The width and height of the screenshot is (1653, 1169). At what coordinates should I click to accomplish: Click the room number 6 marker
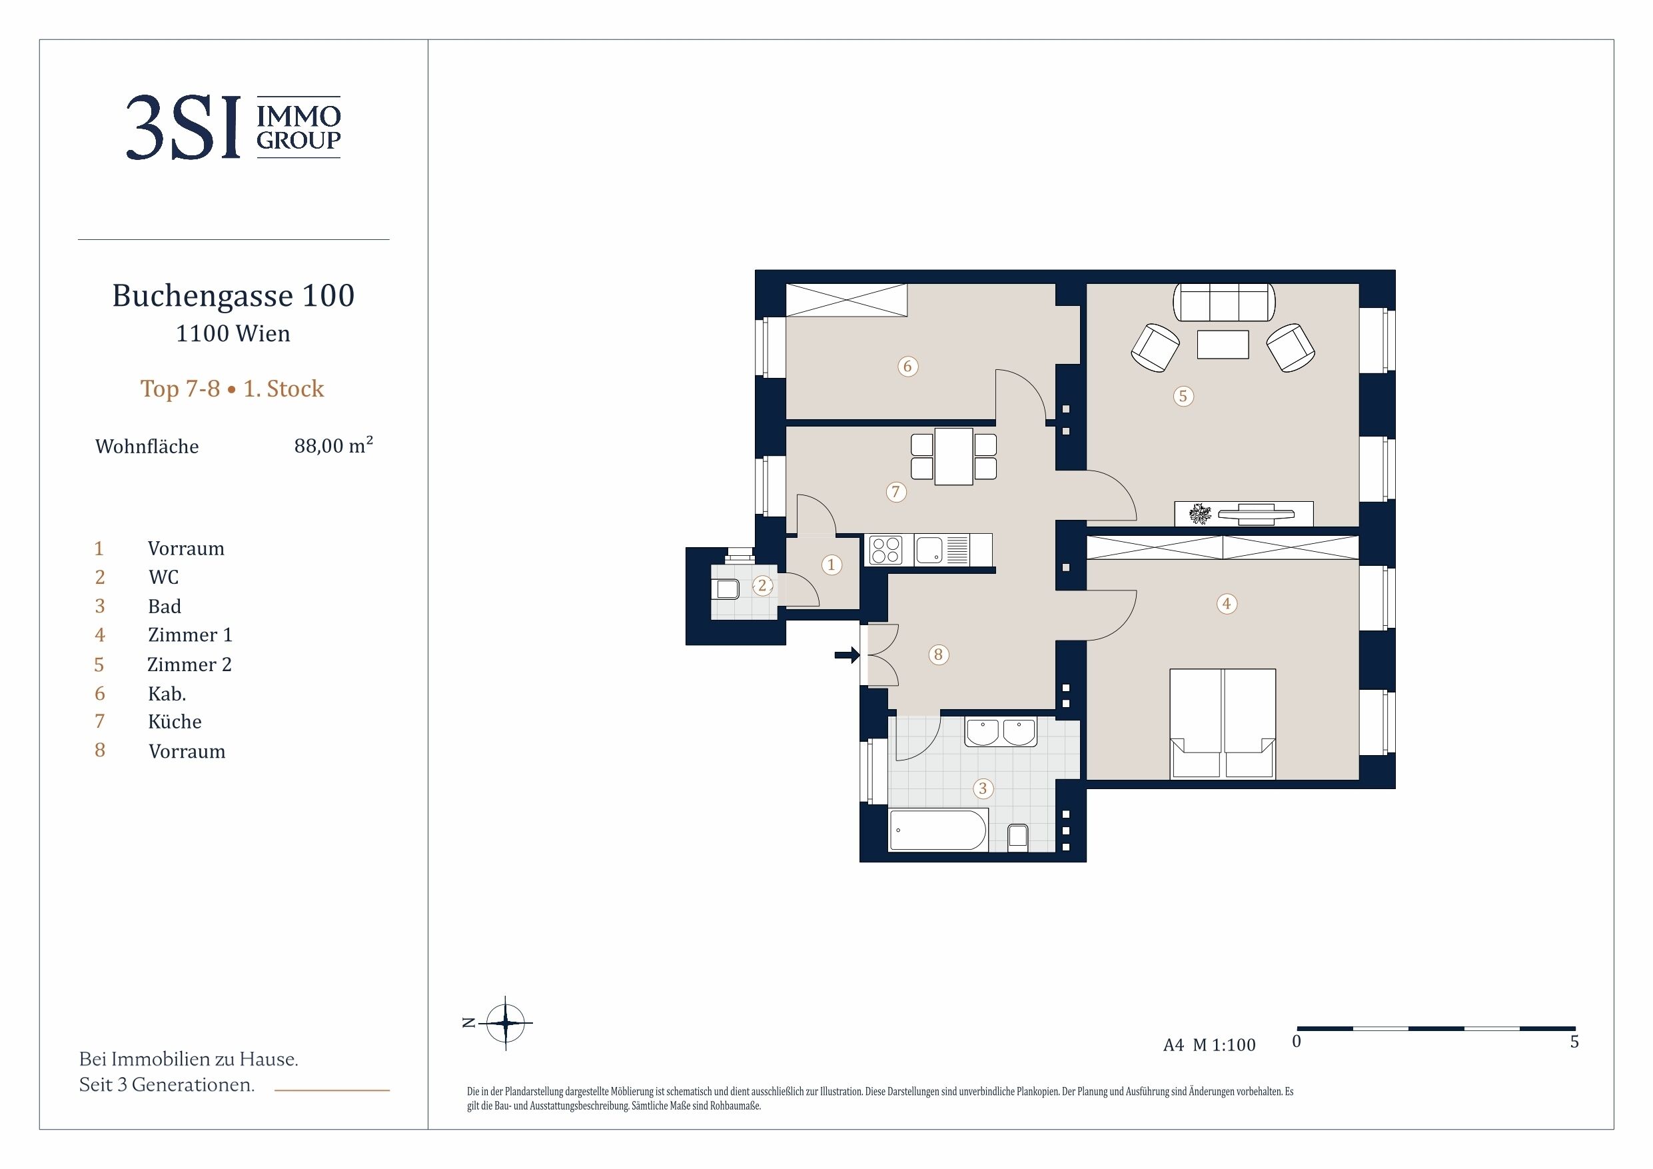coord(907,367)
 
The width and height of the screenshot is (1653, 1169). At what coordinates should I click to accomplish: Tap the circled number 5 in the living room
coord(1183,396)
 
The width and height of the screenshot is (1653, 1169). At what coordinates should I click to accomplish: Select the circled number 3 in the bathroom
coord(983,788)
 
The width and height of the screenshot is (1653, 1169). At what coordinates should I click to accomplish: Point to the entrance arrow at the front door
coord(847,654)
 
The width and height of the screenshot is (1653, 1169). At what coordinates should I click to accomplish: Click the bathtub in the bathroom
coord(938,829)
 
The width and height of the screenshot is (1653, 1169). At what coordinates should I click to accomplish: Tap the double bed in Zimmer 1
coord(1223,723)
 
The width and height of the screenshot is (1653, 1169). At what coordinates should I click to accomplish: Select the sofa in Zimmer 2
coord(1224,302)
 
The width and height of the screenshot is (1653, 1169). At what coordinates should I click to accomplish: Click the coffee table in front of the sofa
coord(1223,345)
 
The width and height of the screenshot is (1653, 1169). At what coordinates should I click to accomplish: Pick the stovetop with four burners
coord(885,551)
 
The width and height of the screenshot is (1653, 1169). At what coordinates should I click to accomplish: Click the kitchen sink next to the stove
coord(929,551)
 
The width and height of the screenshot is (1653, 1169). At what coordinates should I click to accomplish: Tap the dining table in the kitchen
coord(954,456)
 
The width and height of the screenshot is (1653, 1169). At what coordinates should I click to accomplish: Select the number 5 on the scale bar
coord(1574,1042)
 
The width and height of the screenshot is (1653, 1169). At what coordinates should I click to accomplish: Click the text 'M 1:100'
coord(1224,1045)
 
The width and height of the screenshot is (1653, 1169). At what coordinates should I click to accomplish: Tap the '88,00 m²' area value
coord(333,445)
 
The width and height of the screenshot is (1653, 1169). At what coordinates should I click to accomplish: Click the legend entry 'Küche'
coord(175,722)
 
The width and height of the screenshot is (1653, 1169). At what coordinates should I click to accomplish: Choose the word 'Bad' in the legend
coord(164,606)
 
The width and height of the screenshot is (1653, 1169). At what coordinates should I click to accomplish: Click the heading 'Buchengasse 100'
coord(233,295)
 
